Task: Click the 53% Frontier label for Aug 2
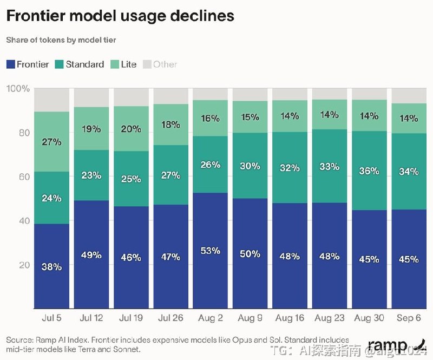(211, 251)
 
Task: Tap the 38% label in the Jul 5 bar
(51, 266)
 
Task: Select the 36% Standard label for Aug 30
(369, 171)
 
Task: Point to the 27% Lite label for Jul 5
(51, 142)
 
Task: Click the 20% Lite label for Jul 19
(131, 129)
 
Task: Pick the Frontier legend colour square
(10, 64)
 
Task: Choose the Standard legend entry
(80, 64)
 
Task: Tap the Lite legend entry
(123, 64)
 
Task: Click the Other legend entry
(160, 64)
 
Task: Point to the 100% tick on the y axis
(18, 88)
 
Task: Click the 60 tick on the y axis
(24, 176)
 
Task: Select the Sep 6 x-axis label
(409, 318)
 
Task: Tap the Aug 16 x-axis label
(290, 318)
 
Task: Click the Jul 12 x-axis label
(91, 318)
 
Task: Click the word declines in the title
(202, 16)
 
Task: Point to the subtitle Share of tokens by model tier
(61, 40)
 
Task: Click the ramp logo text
(388, 345)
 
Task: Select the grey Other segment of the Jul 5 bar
(51, 100)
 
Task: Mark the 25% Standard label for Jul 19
(131, 179)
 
